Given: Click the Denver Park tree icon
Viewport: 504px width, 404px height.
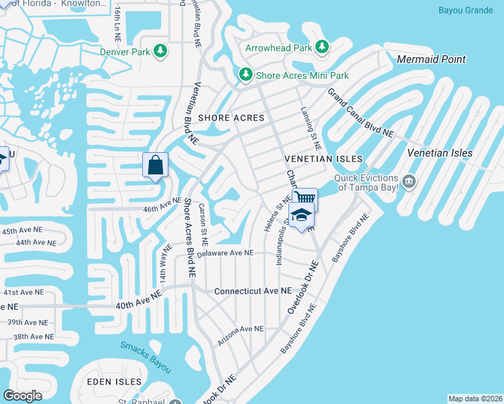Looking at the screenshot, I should pyautogui.click(x=160, y=50).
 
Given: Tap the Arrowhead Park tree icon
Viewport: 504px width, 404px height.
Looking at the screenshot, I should pyautogui.click(x=322, y=47).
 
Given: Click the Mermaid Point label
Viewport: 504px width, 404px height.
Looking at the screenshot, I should pyautogui.click(x=431, y=59).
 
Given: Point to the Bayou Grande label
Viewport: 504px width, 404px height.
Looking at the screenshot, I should pyautogui.click(x=466, y=10).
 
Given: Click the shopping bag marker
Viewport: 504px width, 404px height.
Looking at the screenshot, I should pyautogui.click(x=155, y=165).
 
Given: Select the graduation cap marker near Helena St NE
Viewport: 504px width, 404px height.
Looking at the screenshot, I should pyautogui.click(x=301, y=215).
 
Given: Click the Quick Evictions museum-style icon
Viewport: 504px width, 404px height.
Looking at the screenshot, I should pyautogui.click(x=409, y=181).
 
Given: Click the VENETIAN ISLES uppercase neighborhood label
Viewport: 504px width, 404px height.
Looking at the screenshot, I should pyautogui.click(x=323, y=159).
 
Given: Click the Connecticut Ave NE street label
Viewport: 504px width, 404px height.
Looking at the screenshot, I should pyautogui.click(x=253, y=292).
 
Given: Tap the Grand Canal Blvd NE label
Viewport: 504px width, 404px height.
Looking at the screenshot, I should pyautogui.click(x=360, y=112).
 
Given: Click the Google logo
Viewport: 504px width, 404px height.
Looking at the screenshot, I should pyautogui.click(x=22, y=396).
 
